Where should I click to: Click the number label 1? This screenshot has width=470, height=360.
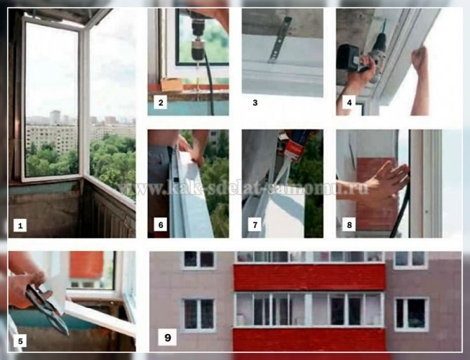[x=22, y=225]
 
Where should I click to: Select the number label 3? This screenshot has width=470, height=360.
[x=255, y=103]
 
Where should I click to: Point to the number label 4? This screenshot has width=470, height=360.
[x=349, y=103]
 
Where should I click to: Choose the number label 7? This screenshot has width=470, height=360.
[x=255, y=225]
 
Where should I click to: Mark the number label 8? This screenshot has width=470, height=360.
[x=349, y=225]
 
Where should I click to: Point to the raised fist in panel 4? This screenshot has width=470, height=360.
[x=420, y=60]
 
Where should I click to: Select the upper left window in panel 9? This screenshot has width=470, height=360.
[x=199, y=260]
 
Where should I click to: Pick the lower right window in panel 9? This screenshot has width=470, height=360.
[x=411, y=314]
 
